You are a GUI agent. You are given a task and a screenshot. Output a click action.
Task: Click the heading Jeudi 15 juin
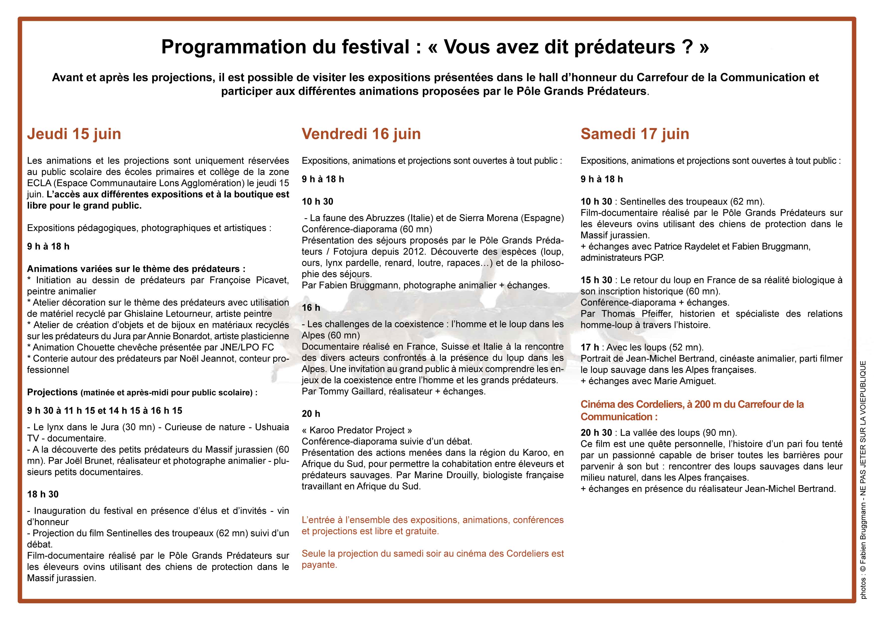[x=74, y=134]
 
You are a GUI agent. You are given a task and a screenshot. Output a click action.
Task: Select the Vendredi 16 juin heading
[x=361, y=134]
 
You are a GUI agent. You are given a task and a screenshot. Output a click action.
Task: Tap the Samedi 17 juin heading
[x=635, y=134]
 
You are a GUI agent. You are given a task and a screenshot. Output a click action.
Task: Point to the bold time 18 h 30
[x=43, y=494]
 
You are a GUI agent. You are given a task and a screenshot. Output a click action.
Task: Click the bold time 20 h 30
[x=596, y=433]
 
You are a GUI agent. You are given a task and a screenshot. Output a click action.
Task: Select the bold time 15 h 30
[x=596, y=280]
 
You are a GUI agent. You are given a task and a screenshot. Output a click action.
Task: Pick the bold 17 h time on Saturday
[x=590, y=347]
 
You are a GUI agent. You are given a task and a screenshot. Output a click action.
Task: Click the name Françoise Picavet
[x=249, y=280]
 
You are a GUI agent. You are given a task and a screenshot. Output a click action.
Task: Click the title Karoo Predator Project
[x=357, y=430]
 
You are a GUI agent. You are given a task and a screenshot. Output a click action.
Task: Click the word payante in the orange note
[x=319, y=565]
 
